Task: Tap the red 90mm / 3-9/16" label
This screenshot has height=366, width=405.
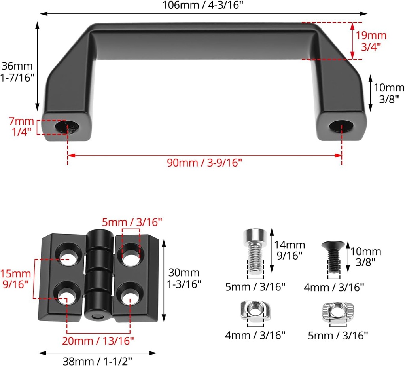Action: (x=204, y=163)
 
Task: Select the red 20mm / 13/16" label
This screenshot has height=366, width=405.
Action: (x=98, y=340)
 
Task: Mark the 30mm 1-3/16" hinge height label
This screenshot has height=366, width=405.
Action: (x=184, y=278)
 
